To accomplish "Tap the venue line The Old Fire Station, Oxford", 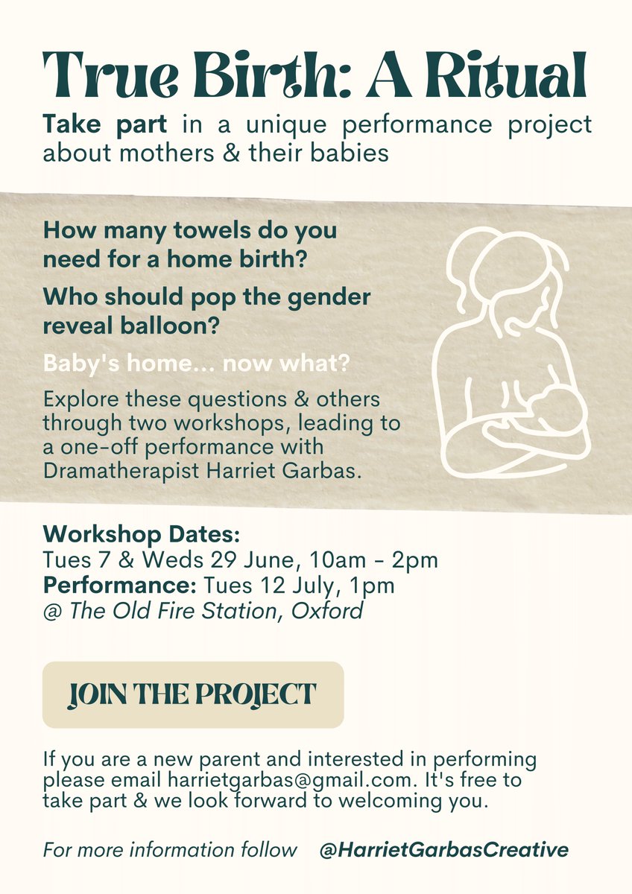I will [x=216, y=611].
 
